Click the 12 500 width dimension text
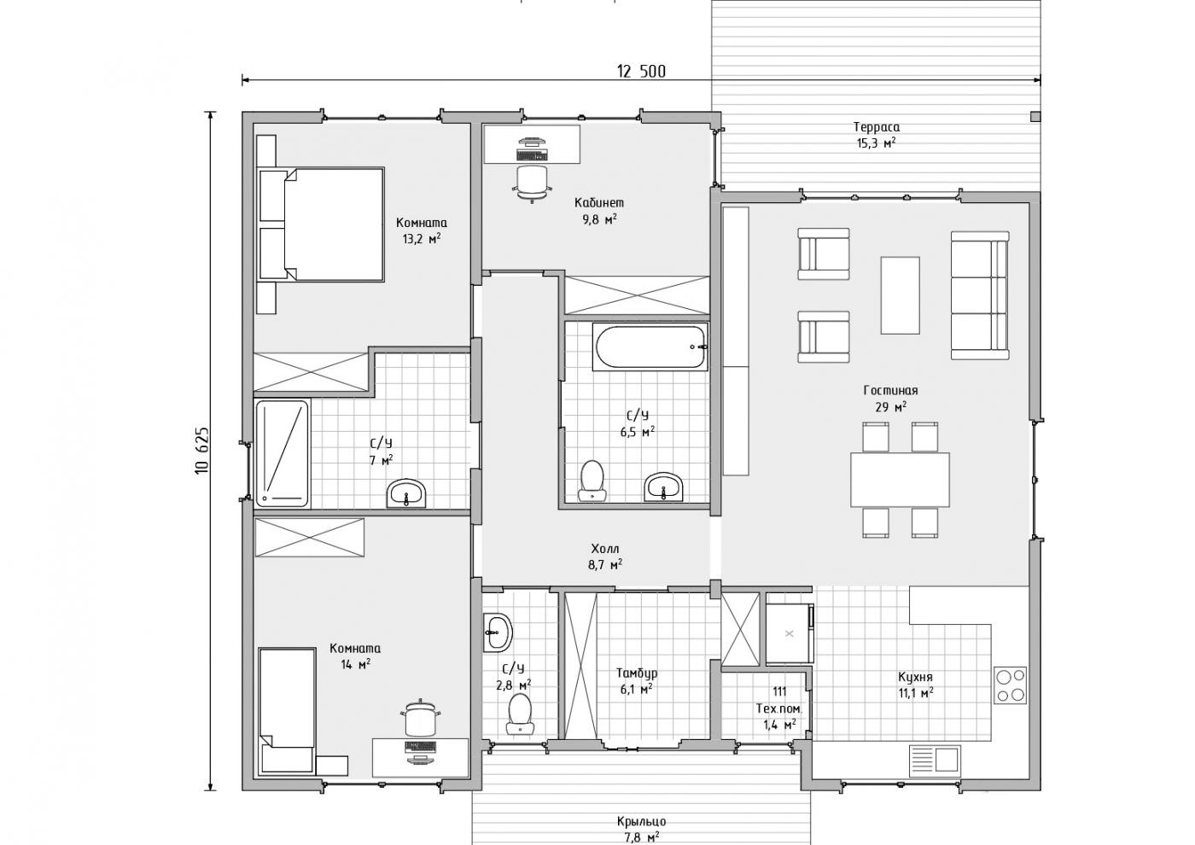click(x=641, y=71)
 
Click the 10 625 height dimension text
click(x=203, y=451)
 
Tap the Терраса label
click(x=876, y=127)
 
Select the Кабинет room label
click(x=598, y=203)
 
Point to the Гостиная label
click(x=890, y=391)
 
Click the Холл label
click(x=605, y=549)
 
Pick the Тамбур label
click(x=637, y=673)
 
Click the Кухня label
click(x=915, y=678)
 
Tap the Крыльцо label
click(x=641, y=821)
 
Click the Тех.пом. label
click(x=778, y=709)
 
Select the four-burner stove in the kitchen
click(x=1011, y=685)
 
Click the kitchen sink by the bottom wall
click(x=935, y=761)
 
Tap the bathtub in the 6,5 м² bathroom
click(x=650, y=347)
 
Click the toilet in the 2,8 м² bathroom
click(x=520, y=714)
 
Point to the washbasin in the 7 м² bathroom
click(x=406, y=493)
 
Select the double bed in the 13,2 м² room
click(x=321, y=224)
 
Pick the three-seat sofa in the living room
click(x=980, y=295)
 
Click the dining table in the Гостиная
click(x=900, y=480)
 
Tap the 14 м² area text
click(x=356, y=665)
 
